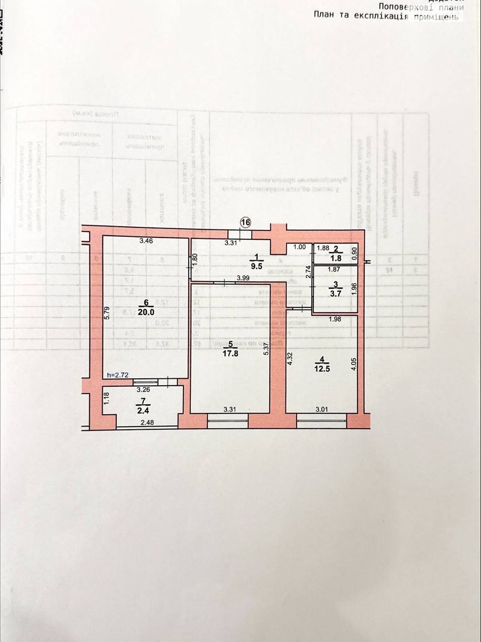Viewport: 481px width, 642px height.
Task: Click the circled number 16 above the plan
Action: (x=245, y=222)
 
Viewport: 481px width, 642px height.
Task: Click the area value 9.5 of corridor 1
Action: (x=256, y=265)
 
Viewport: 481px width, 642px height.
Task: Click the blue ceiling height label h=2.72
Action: (x=117, y=375)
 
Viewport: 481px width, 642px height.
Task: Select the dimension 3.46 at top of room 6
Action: (x=146, y=241)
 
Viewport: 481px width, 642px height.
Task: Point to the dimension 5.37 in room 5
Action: (x=265, y=353)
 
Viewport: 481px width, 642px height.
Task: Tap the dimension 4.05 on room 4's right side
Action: (x=353, y=364)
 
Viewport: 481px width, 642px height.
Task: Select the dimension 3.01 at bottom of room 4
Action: (x=322, y=409)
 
